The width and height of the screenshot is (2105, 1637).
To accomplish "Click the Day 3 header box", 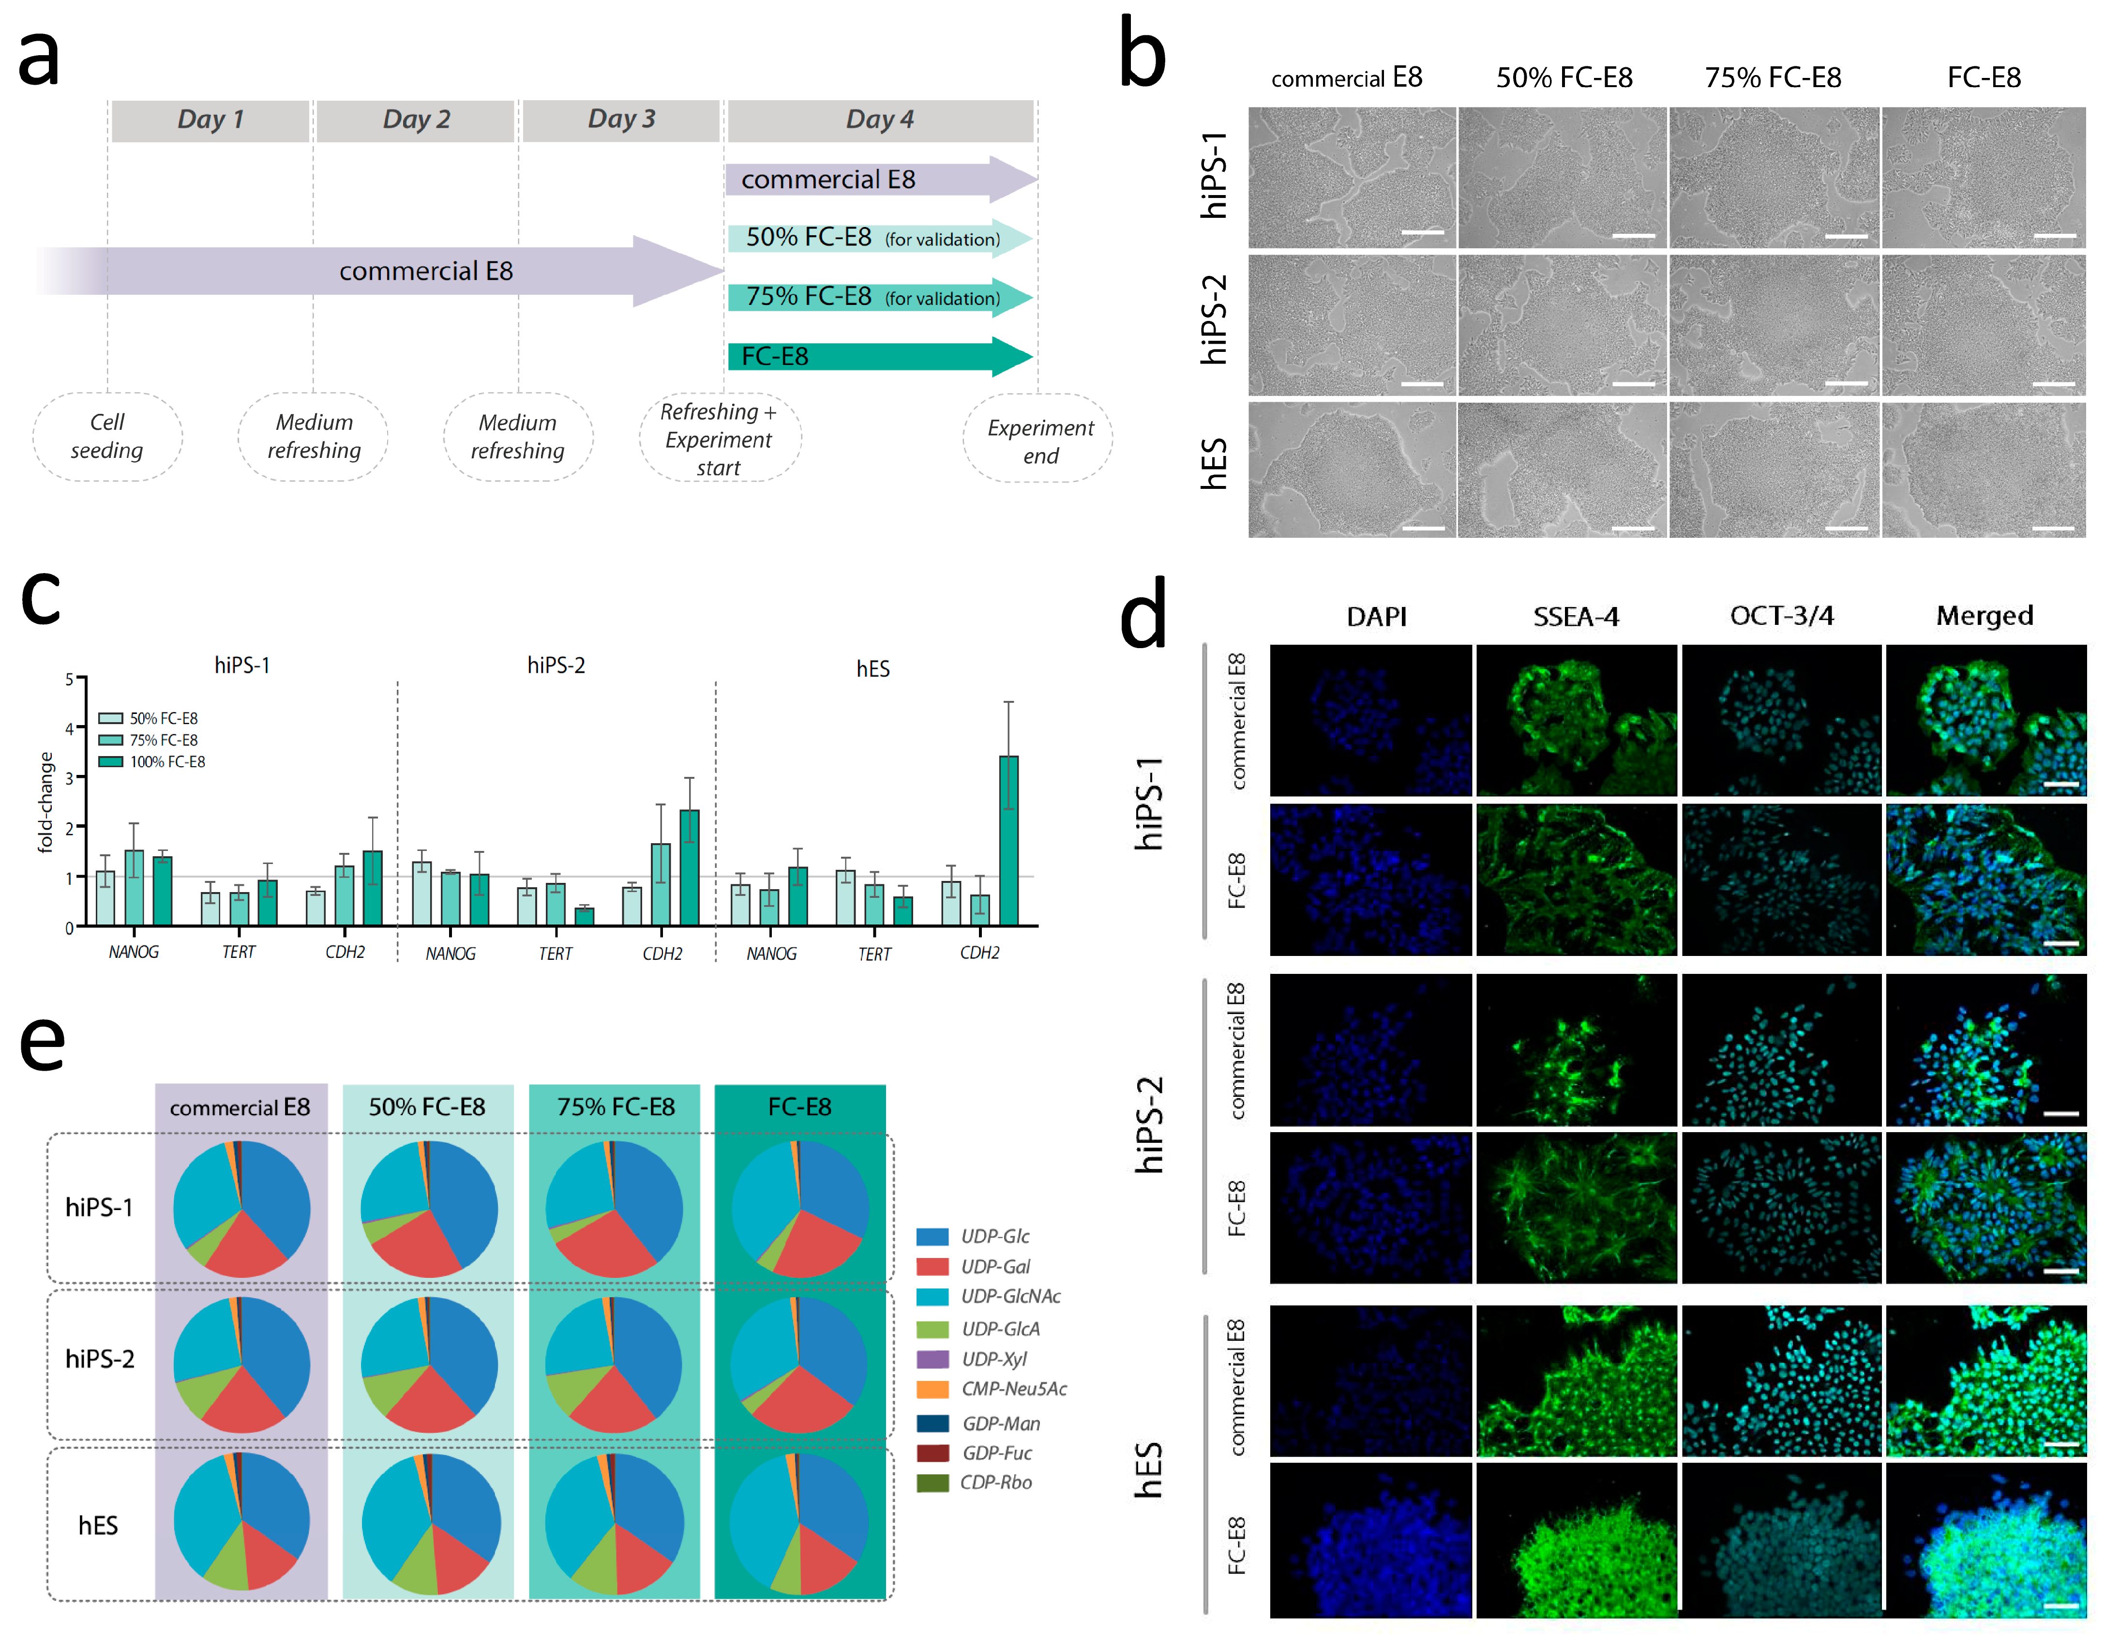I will click(x=621, y=120).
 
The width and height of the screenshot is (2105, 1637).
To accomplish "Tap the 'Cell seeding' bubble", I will click(x=107, y=437).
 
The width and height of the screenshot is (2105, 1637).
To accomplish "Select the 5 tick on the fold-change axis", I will click(x=69, y=680).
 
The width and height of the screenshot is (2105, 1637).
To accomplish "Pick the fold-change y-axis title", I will click(x=45, y=802).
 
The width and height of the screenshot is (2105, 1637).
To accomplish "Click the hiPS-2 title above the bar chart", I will click(x=556, y=665).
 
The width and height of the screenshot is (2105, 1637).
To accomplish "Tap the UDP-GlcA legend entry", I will click(x=999, y=1329).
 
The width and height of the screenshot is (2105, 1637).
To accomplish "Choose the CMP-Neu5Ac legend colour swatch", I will click(x=932, y=1389).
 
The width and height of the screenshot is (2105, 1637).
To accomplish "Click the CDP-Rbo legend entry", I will click(x=994, y=1482).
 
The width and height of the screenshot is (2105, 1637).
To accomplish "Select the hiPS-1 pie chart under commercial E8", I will click(x=242, y=1209).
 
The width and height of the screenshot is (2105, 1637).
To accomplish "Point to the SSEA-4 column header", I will click(x=1576, y=616).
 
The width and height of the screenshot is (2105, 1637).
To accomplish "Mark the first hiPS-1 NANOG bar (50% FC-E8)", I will click(x=105, y=897).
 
